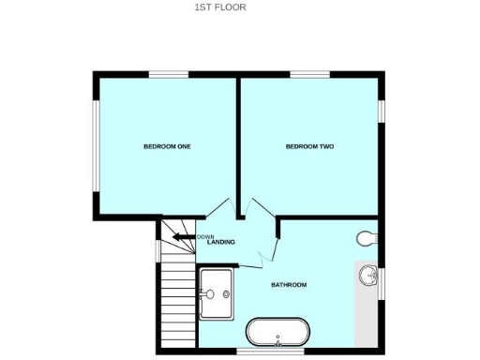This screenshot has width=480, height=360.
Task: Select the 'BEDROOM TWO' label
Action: pyautogui.click(x=310, y=146)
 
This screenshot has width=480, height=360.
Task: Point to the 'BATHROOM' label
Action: pyautogui.click(x=289, y=284)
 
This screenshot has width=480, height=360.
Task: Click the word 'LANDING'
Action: pyautogui.click(x=221, y=243)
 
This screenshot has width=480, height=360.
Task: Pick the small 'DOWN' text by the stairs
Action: pyautogui.click(x=206, y=236)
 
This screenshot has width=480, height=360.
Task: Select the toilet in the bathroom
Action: pyautogui.click(x=367, y=238)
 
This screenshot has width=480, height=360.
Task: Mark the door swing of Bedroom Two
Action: pyautogui.click(x=255, y=210)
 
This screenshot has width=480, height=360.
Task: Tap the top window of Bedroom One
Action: pyautogui.click(x=170, y=74)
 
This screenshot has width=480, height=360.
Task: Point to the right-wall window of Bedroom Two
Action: pyautogui.click(x=382, y=111)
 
